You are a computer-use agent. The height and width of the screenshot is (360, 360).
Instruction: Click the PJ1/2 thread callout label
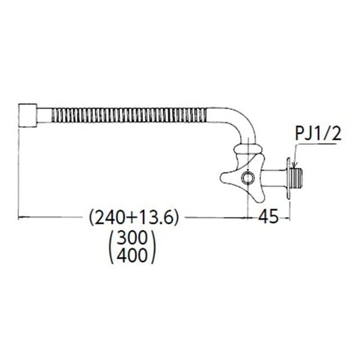[x=317, y=134]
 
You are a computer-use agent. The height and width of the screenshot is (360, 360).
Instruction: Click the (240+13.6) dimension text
[x=134, y=218]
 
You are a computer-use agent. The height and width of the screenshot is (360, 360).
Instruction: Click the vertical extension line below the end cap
[x=19, y=171]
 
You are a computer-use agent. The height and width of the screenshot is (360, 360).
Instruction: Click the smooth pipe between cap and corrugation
[x=44, y=115]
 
